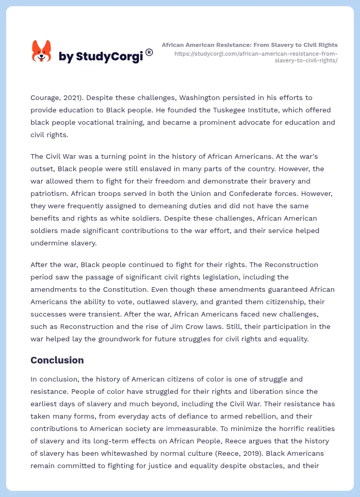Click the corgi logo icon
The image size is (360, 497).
(42, 52)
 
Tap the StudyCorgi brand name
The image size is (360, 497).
(101, 57)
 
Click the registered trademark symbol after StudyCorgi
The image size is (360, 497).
(149, 52)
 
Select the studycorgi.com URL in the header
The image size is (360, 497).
(256, 57)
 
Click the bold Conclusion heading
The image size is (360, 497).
(57, 360)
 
